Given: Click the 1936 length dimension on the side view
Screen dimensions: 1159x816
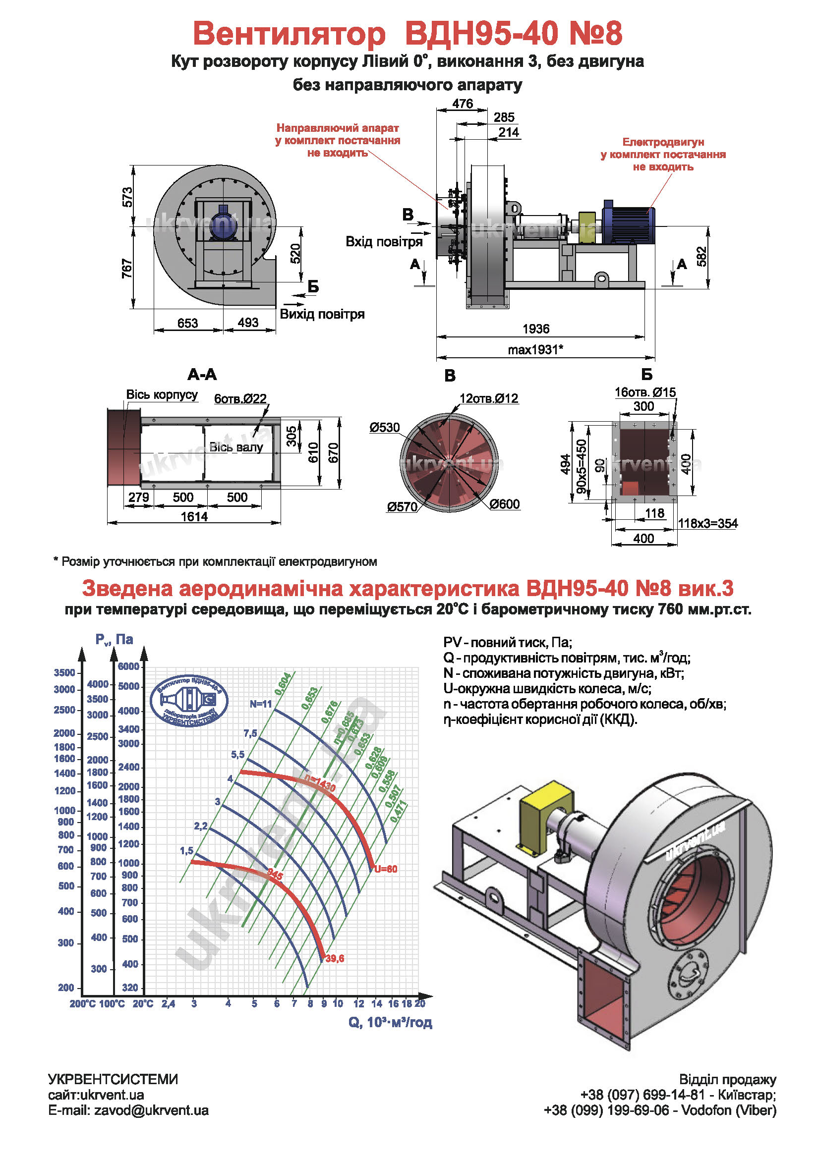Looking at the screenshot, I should (x=535, y=329).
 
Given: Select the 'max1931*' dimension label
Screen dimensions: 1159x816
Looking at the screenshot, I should (x=535, y=349).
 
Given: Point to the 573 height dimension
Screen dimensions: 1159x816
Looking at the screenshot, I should (x=127, y=197).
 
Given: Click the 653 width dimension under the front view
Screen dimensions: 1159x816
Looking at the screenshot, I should (x=187, y=323).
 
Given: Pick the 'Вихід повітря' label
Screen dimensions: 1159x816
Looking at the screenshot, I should (x=322, y=314).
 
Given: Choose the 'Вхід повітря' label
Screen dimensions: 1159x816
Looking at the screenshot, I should (x=384, y=242).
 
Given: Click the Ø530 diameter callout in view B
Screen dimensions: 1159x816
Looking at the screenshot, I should (x=384, y=428).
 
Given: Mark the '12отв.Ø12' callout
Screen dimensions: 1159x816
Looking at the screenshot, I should (x=488, y=398).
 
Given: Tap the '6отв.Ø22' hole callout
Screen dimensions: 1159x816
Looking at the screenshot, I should (x=240, y=399).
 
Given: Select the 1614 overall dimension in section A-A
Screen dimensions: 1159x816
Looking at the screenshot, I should (x=194, y=516).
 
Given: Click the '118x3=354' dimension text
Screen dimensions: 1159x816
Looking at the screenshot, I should (x=707, y=523).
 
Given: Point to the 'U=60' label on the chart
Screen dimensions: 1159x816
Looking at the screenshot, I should (x=386, y=869).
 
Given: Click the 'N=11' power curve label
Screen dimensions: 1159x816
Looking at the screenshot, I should (x=261, y=704).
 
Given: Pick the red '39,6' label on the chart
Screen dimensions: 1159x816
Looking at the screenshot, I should (x=335, y=958).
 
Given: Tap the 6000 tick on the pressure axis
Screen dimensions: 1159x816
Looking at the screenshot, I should (x=129, y=666).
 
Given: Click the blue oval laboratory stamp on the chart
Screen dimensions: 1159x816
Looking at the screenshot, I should (x=189, y=701).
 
